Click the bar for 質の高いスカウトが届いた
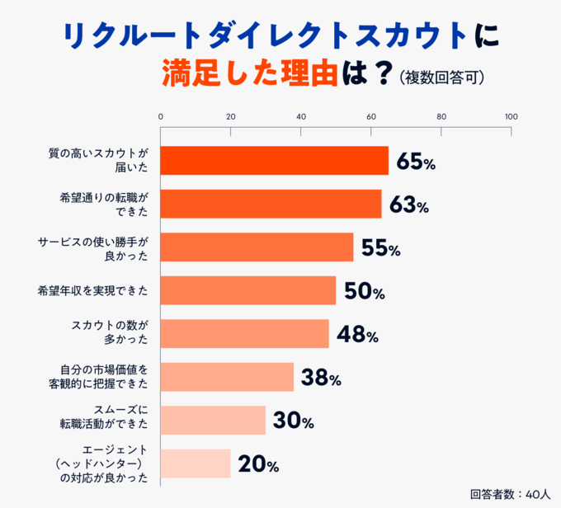click(x=274, y=161)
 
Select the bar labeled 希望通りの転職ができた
click(x=271, y=204)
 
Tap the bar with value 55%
click(x=257, y=247)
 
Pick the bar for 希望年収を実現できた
click(x=247, y=290)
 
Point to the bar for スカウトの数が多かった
click(x=244, y=334)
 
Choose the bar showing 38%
click(x=227, y=377)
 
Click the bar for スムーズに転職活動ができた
click(x=213, y=420)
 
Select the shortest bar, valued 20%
click(x=195, y=463)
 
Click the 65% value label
click(x=416, y=162)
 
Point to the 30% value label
click(x=294, y=421)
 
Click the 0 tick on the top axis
click(x=160, y=115)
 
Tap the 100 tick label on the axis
click(x=511, y=115)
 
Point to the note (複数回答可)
click(x=441, y=78)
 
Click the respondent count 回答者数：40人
click(x=509, y=494)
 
